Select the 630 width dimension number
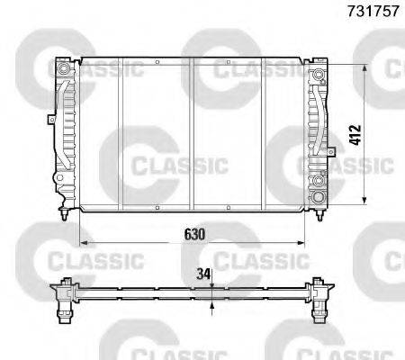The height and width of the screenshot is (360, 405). [195, 234]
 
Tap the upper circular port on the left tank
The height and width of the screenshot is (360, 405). [64, 68]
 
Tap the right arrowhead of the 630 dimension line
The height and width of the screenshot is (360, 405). [304, 243]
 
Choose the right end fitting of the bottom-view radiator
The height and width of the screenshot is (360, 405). [320, 296]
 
